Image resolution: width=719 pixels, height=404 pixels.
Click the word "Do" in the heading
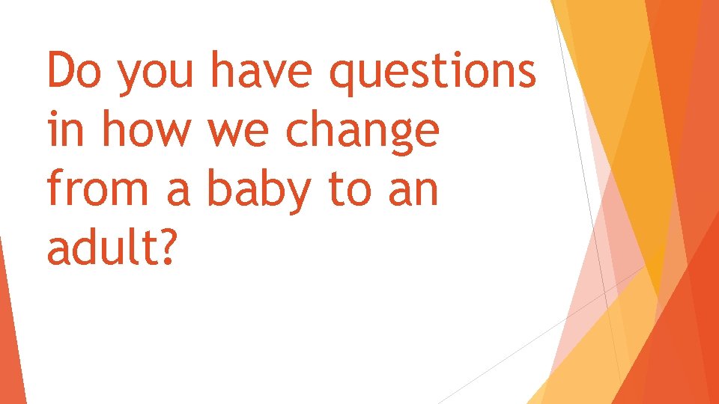74,72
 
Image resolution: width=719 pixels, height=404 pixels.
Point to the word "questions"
434,75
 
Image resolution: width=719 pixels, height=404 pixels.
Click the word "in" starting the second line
62,130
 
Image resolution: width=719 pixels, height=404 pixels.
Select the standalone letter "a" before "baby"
180,192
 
